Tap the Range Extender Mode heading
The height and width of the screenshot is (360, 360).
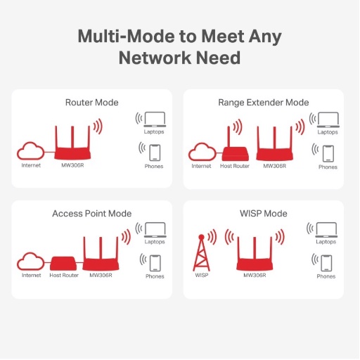pos(264,103)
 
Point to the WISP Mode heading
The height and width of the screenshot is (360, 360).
pos(264,213)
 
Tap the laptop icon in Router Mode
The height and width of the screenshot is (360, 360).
pos(154,120)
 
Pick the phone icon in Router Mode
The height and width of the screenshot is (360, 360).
pos(155,151)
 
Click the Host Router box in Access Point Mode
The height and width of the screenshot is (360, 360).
pos(64,264)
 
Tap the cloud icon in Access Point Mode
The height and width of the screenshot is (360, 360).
pos(31,262)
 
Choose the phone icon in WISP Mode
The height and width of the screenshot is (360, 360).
pos(326,262)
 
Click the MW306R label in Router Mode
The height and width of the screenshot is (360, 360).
pos(71,166)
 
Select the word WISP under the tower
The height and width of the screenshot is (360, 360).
pos(201,276)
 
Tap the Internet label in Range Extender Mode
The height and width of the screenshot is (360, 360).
pos(201,166)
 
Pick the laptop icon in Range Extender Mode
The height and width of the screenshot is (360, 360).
pos(327,120)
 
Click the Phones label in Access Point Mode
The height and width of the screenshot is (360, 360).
pos(155,276)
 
